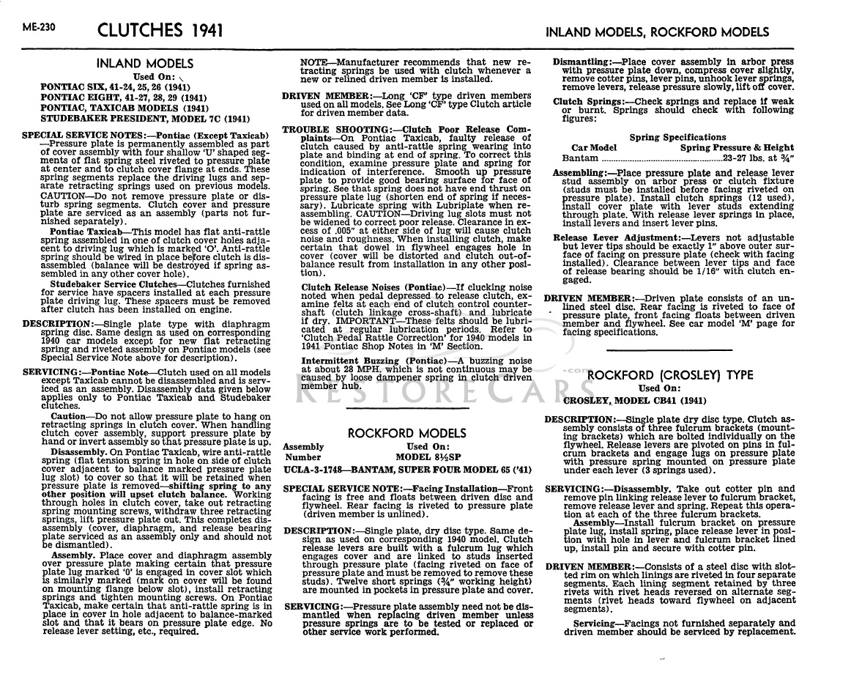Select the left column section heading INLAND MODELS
pyautogui.click(x=145, y=64)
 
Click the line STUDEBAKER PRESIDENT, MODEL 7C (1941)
pyautogui.click(x=146, y=117)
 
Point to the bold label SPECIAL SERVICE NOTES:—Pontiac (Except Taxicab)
pyautogui.click(x=143, y=136)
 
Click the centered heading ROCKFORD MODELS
pyautogui.click(x=406, y=433)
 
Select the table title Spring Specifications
pyautogui.click(x=677, y=137)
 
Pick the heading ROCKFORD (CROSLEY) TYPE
pyautogui.click(x=669, y=375)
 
